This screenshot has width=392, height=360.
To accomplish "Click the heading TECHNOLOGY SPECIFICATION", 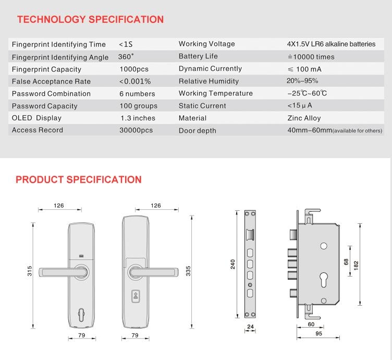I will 90,20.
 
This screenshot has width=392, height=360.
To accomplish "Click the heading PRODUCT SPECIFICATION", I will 78,179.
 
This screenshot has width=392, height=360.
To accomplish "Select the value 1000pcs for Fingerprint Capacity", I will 134,69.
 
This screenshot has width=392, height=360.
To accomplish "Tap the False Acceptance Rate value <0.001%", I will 135,81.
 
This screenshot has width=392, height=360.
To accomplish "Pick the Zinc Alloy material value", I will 304,118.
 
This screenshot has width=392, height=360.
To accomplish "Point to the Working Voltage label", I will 206,44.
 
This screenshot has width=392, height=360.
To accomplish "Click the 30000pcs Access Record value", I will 136,130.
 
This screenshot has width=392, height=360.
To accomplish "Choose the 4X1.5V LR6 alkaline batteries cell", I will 331,44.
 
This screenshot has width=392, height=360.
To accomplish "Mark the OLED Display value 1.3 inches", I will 138,118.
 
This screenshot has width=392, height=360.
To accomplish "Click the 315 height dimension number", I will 30,271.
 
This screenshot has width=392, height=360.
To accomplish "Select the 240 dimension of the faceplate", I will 233,265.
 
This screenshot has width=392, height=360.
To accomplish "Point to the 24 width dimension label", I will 250,327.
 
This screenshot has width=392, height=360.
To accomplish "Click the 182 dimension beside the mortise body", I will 356,265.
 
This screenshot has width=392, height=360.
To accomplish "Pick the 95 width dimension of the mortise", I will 318,333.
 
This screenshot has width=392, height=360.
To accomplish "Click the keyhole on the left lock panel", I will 82,316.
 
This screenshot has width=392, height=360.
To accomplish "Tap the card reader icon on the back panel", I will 135,297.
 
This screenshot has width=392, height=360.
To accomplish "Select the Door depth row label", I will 197,131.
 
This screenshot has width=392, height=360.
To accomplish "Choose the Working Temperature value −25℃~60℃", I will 307,94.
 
